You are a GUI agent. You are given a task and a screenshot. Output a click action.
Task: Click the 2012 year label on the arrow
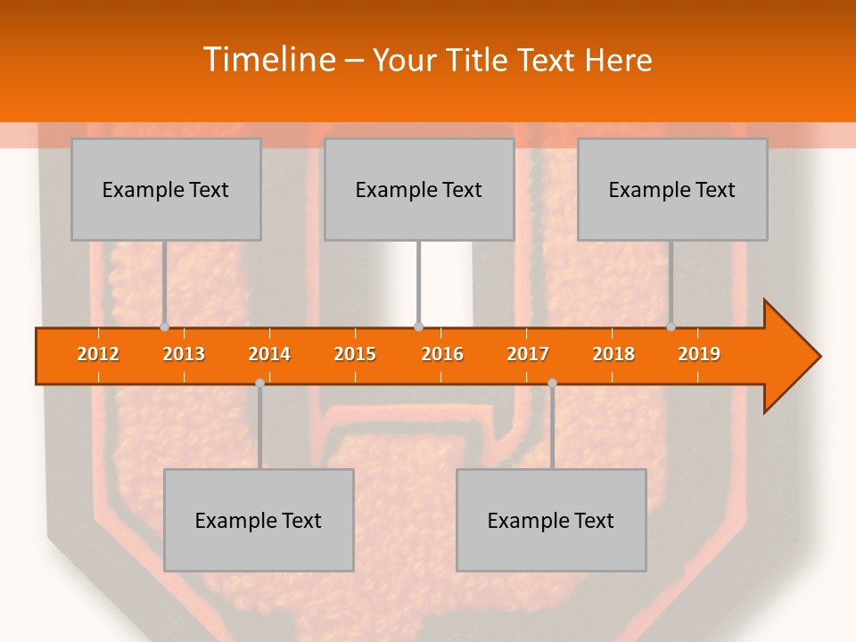[98, 354]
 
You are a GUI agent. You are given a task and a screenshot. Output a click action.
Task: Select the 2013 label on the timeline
[184, 354]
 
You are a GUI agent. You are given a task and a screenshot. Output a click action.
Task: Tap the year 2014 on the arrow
[269, 354]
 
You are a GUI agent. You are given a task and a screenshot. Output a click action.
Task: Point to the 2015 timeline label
[355, 354]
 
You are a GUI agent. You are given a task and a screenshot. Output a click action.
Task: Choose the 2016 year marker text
[442, 354]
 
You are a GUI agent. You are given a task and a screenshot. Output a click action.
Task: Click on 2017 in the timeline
[528, 354]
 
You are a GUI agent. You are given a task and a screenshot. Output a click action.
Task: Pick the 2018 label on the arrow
[613, 354]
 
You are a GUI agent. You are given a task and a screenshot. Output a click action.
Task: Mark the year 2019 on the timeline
[699, 354]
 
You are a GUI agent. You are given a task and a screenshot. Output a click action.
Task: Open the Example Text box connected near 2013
[166, 189]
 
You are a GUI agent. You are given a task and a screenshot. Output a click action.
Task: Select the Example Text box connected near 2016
[419, 189]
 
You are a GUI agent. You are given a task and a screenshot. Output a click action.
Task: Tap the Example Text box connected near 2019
[672, 189]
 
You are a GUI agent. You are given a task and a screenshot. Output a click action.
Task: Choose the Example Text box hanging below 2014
[259, 520]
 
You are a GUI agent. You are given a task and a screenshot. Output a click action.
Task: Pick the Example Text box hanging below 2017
[551, 520]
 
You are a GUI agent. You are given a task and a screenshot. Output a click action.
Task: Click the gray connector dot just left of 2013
[164, 327]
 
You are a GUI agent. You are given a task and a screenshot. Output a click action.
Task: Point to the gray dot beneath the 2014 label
[259, 383]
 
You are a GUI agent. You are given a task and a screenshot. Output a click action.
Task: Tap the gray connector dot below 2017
[552, 383]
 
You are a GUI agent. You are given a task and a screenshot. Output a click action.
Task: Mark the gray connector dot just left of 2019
[671, 327]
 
